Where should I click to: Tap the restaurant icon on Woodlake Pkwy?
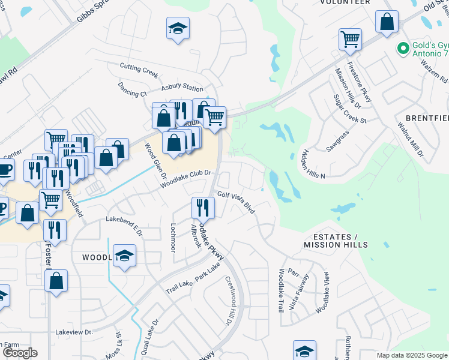(203, 208)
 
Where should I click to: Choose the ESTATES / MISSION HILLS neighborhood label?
(336, 241)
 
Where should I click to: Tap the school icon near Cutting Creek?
(178, 28)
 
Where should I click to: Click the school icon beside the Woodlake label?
(125, 256)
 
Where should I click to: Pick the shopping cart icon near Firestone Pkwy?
(350, 40)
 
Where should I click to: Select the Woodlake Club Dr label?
(187, 179)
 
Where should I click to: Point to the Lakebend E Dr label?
(122, 225)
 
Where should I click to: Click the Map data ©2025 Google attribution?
(411, 355)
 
